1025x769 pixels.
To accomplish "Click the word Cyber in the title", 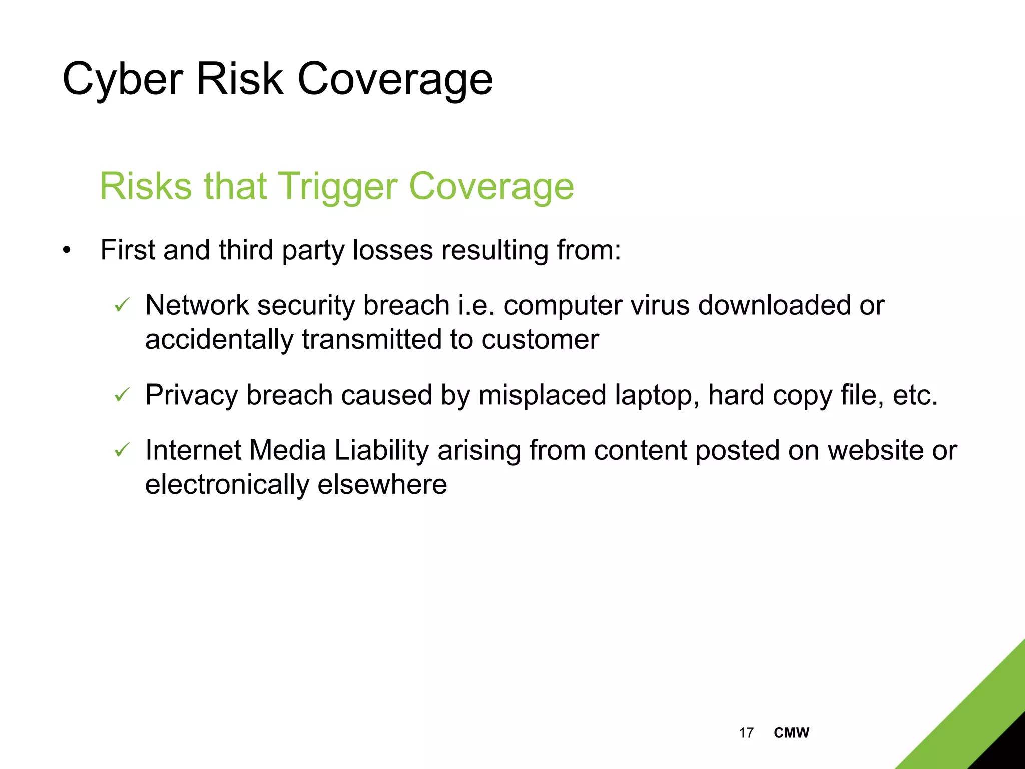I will (x=123, y=79).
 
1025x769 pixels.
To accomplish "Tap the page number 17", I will (x=746, y=733).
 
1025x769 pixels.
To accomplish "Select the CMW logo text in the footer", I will (x=791, y=733).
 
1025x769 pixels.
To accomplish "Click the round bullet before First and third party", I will (x=67, y=250).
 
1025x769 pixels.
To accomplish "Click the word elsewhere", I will (x=382, y=485).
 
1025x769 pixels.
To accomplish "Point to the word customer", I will (x=540, y=340).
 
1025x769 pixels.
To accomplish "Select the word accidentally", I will (x=219, y=340).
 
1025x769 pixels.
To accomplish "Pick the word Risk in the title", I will (x=240, y=79).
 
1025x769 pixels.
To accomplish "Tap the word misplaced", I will (x=543, y=396).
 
